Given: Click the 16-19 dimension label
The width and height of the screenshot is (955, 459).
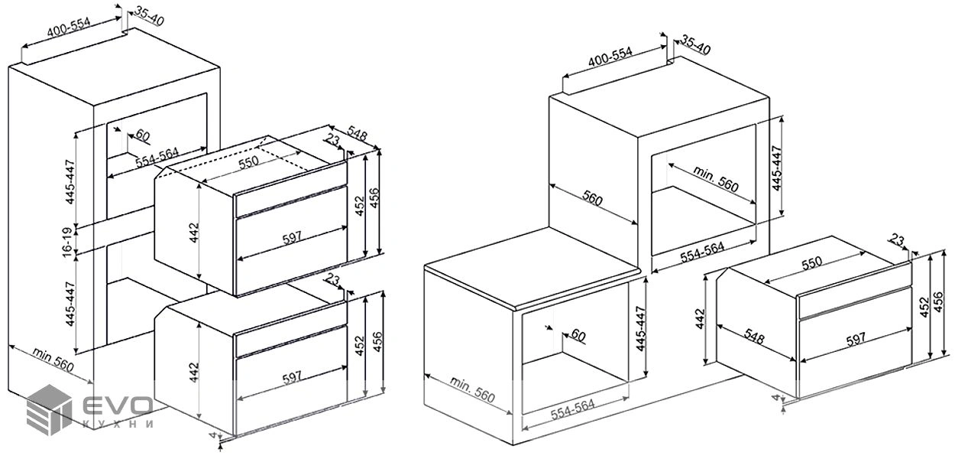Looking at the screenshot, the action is (x=68, y=242).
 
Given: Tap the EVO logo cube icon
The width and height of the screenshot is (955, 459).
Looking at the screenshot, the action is (x=49, y=410).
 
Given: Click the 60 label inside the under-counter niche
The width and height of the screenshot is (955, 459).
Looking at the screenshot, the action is (x=578, y=335).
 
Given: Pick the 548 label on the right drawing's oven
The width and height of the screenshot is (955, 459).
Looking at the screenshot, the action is (x=754, y=337).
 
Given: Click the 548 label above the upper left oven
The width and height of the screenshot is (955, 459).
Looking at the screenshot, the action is (x=357, y=133).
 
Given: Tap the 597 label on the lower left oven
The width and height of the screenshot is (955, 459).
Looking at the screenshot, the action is (x=292, y=377).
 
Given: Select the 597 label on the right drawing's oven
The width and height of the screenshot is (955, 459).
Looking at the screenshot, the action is (x=856, y=340).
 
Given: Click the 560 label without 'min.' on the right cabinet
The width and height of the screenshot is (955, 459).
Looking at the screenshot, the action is (x=592, y=199).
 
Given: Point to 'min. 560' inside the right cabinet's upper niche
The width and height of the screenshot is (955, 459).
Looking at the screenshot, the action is (x=716, y=178).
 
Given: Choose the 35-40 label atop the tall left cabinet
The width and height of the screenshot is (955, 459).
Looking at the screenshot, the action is (x=149, y=16).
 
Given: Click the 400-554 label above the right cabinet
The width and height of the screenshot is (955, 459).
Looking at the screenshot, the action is (x=610, y=57).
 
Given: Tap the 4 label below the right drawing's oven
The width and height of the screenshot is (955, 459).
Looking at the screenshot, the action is (x=776, y=398).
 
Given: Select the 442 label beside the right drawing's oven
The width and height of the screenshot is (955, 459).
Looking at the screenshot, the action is (x=701, y=319).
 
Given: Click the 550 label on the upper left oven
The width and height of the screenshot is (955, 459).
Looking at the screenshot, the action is (x=248, y=162).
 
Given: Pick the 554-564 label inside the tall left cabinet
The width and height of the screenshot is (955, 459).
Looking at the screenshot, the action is (x=157, y=158).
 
